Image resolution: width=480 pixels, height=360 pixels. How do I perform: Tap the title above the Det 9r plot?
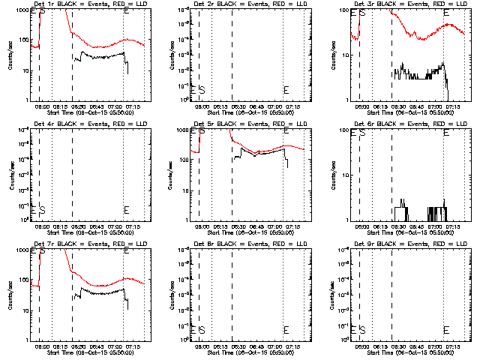coord(406,244)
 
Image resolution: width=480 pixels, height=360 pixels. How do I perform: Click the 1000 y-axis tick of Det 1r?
coord(21,10)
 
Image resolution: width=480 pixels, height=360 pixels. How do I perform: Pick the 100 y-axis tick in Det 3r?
coord(342,10)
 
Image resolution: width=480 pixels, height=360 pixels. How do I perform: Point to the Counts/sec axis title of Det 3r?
coord(330,55)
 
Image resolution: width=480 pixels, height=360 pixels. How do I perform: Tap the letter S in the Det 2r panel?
coord(202,90)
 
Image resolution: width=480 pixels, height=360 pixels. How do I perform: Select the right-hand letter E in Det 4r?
coord(126,209)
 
